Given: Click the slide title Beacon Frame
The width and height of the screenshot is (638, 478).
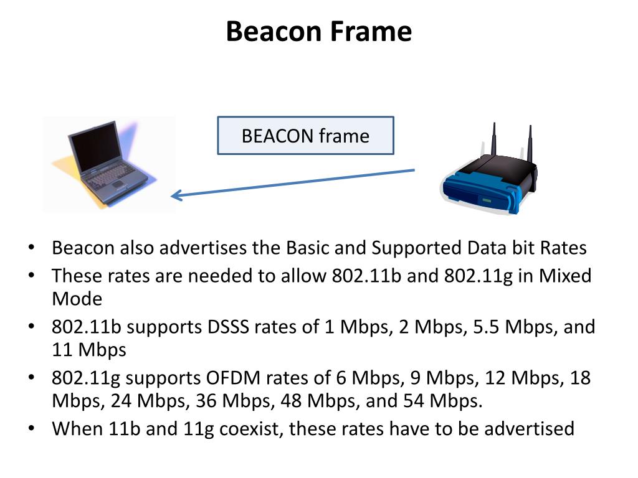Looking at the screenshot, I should coord(318,31).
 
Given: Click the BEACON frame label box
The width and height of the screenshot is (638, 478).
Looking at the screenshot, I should coord(305,135).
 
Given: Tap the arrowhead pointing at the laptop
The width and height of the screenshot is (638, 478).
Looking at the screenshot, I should coord(176,195).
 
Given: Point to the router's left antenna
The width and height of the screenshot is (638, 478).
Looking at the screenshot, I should coord(493,139).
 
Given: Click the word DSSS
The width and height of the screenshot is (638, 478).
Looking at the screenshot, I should coord(225,327).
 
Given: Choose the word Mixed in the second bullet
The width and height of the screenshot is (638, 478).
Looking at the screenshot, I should coord(564,276).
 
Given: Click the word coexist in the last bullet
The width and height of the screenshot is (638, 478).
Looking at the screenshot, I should coord(244,429).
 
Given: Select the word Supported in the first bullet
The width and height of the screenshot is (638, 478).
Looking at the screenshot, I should coord(416,248).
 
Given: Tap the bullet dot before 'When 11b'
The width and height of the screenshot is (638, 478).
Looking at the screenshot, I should coord(32,429).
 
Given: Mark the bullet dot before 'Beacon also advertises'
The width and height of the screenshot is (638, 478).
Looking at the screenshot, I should coord(32,248).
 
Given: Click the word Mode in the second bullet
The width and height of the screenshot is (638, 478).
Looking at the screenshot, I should coord(77,299).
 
